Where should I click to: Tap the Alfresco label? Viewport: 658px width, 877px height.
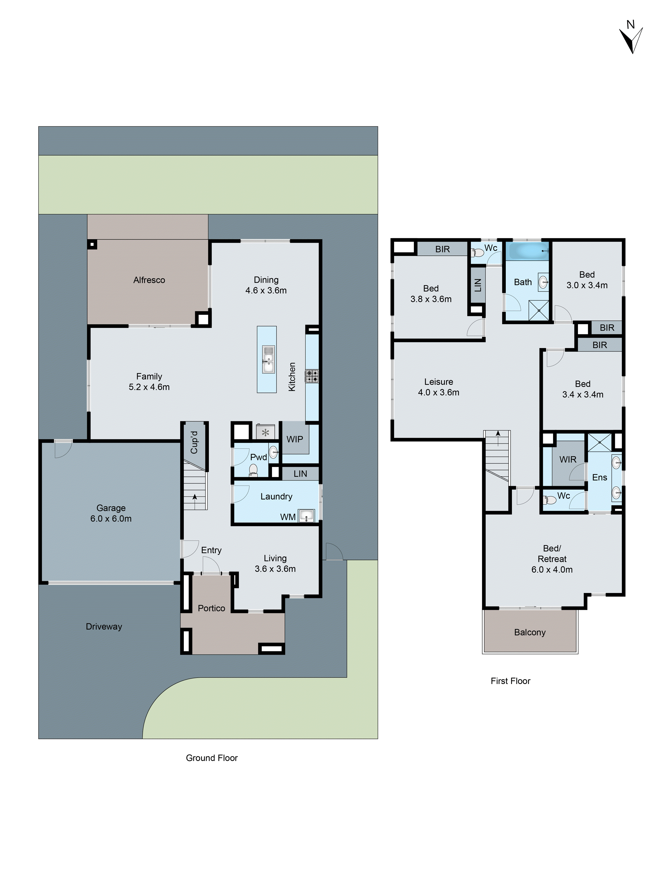click(x=149, y=280)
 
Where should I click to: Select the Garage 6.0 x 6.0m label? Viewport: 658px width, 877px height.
click(x=111, y=513)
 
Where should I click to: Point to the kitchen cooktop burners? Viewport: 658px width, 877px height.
click(x=312, y=376)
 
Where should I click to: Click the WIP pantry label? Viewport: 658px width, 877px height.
click(x=295, y=439)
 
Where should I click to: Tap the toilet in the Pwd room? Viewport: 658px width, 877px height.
click(x=253, y=470)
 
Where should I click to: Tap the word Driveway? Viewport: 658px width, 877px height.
click(x=104, y=626)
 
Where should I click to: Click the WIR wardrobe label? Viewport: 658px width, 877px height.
click(x=568, y=459)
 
